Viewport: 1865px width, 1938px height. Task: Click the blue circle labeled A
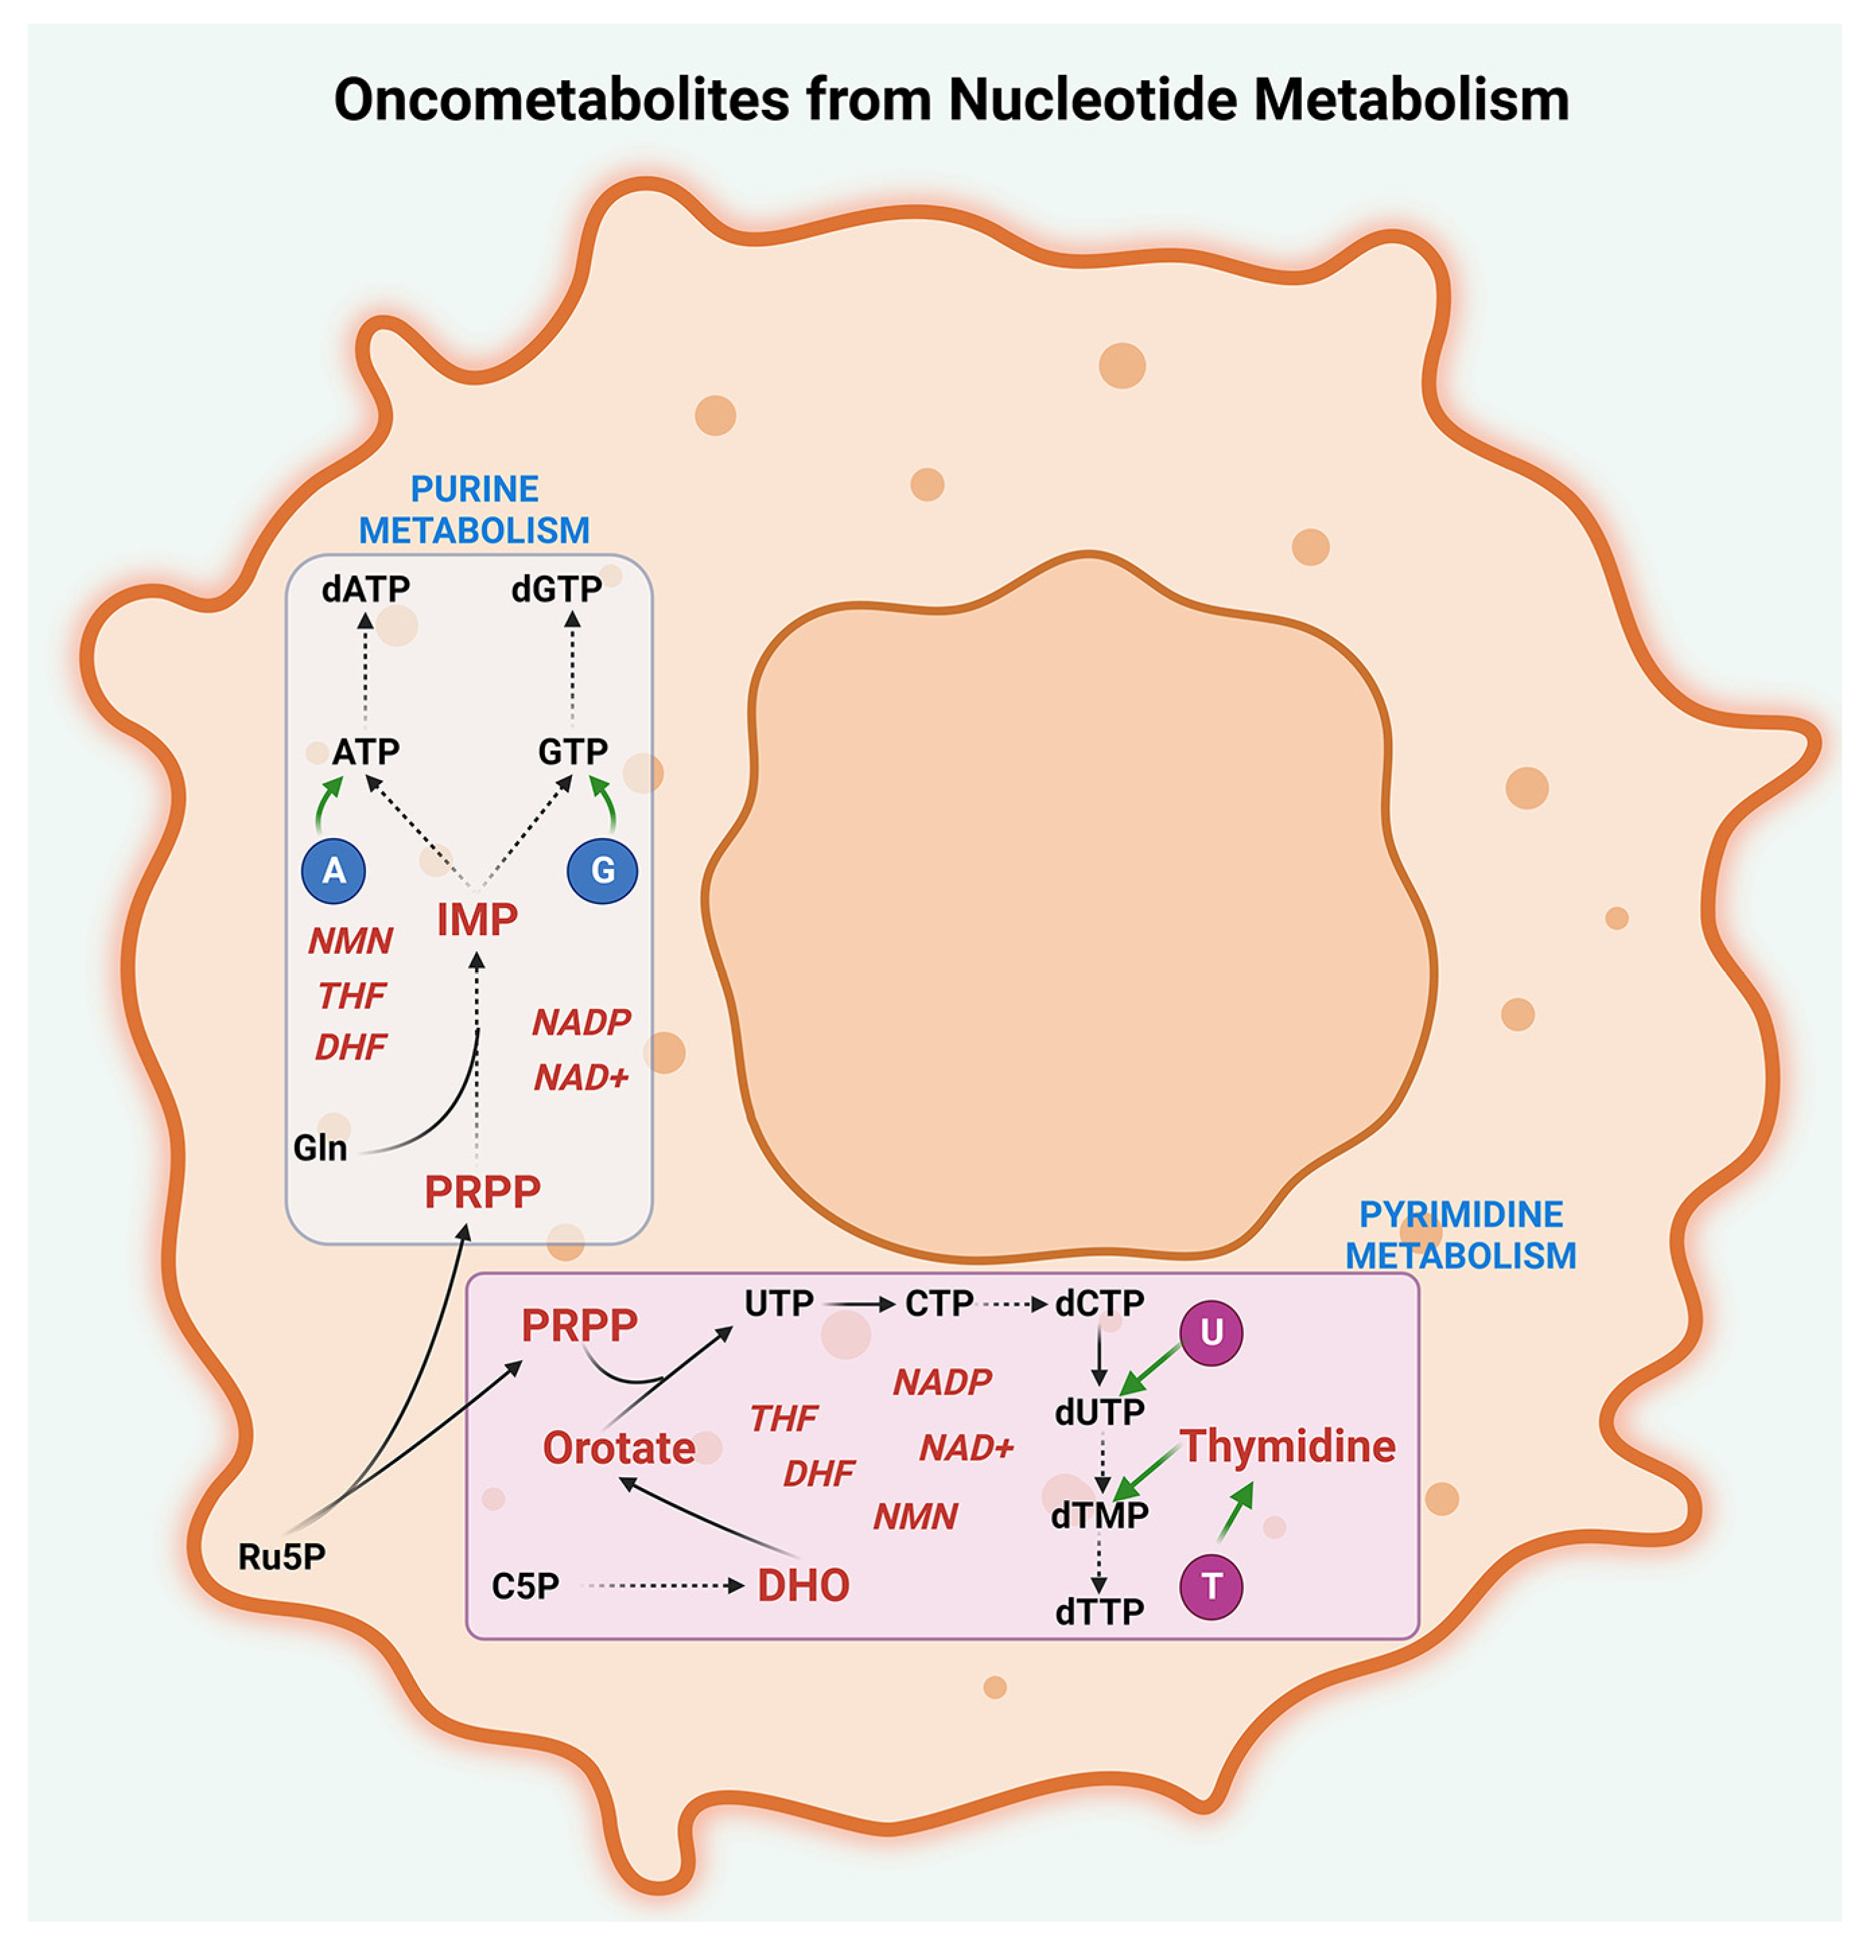coord(334,871)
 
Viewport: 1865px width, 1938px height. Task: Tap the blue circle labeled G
coord(602,871)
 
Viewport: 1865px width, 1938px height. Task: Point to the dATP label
coord(365,589)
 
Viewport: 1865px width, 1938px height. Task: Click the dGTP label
coord(556,589)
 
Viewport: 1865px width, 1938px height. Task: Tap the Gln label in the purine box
coord(319,1148)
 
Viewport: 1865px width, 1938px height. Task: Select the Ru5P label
coord(282,1556)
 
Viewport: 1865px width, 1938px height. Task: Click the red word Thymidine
coord(1288,1446)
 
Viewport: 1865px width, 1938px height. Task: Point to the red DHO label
coord(803,1586)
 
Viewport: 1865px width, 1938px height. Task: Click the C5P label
coord(525,1586)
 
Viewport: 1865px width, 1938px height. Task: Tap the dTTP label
coord(1099,1613)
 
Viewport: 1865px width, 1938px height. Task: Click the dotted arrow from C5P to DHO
coord(662,1586)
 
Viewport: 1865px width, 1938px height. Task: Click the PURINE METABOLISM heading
coord(474,510)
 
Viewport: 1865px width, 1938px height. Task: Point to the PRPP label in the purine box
coord(482,1192)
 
